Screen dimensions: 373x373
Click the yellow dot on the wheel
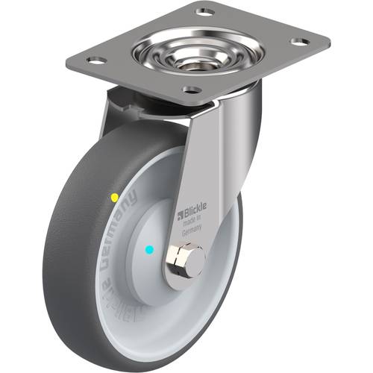[114, 198]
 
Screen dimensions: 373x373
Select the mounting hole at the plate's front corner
[191, 90]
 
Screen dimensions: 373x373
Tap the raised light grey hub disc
[153, 231]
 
